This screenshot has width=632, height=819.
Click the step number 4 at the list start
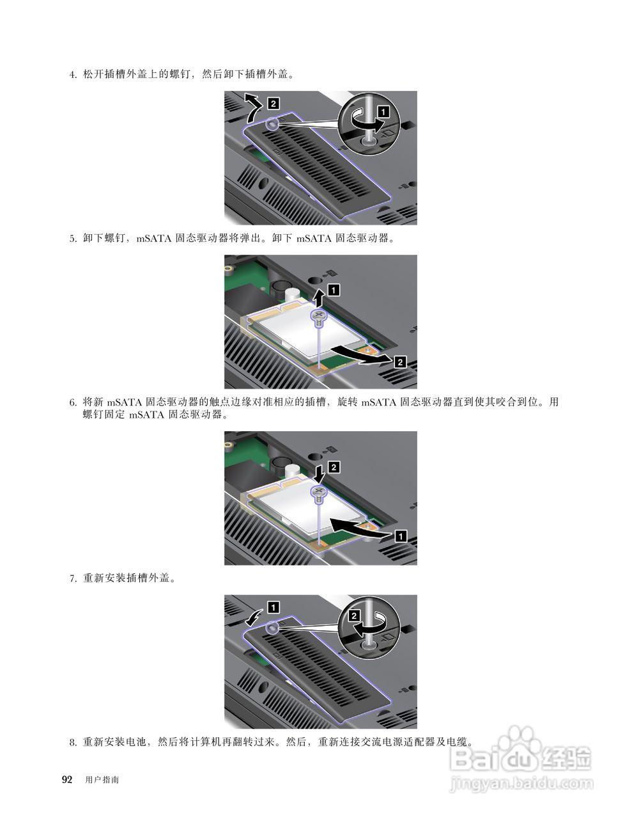[x=72, y=75]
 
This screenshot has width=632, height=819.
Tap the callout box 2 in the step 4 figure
[x=274, y=103]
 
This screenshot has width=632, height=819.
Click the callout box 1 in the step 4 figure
[x=383, y=112]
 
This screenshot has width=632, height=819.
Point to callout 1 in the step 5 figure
[x=334, y=290]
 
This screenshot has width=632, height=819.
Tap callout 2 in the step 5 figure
[x=400, y=362]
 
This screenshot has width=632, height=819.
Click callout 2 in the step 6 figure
[x=334, y=467]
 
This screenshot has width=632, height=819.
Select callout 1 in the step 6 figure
[x=401, y=536]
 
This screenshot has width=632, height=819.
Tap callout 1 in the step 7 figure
[x=274, y=607]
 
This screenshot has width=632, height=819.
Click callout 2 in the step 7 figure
[x=354, y=616]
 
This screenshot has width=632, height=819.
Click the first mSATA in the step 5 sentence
[x=153, y=239]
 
